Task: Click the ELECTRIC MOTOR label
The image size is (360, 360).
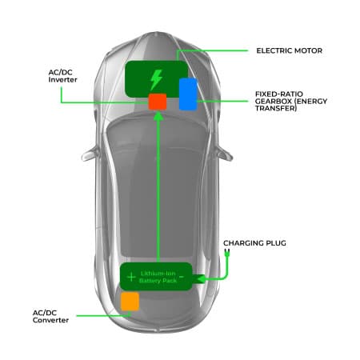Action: point(289,50)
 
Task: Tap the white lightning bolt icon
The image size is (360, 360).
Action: point(156,79)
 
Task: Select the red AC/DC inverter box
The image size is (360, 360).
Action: point(157,102)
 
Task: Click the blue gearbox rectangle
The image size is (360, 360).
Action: point(188,94)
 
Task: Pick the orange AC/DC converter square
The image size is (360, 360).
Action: point(130,301)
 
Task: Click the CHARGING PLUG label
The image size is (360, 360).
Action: point(254,242)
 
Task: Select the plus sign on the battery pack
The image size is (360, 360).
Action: point(131,277)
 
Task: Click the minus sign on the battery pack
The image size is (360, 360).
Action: point(182,277)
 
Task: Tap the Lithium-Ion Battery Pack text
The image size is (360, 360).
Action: point(157,277)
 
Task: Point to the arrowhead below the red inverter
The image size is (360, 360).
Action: point(158,116)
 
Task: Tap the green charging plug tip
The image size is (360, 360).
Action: point(226,252)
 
